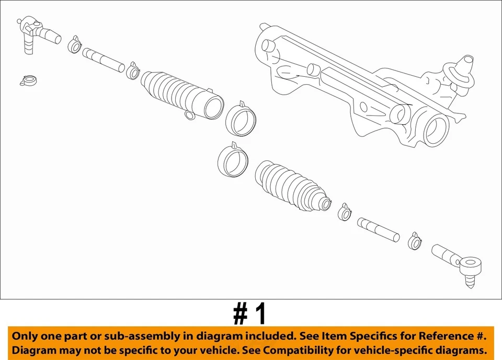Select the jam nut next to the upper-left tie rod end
click(x=74, y=45)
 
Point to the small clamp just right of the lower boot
click(x=345, y=212)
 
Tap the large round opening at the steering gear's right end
click(x=435, y=131)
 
